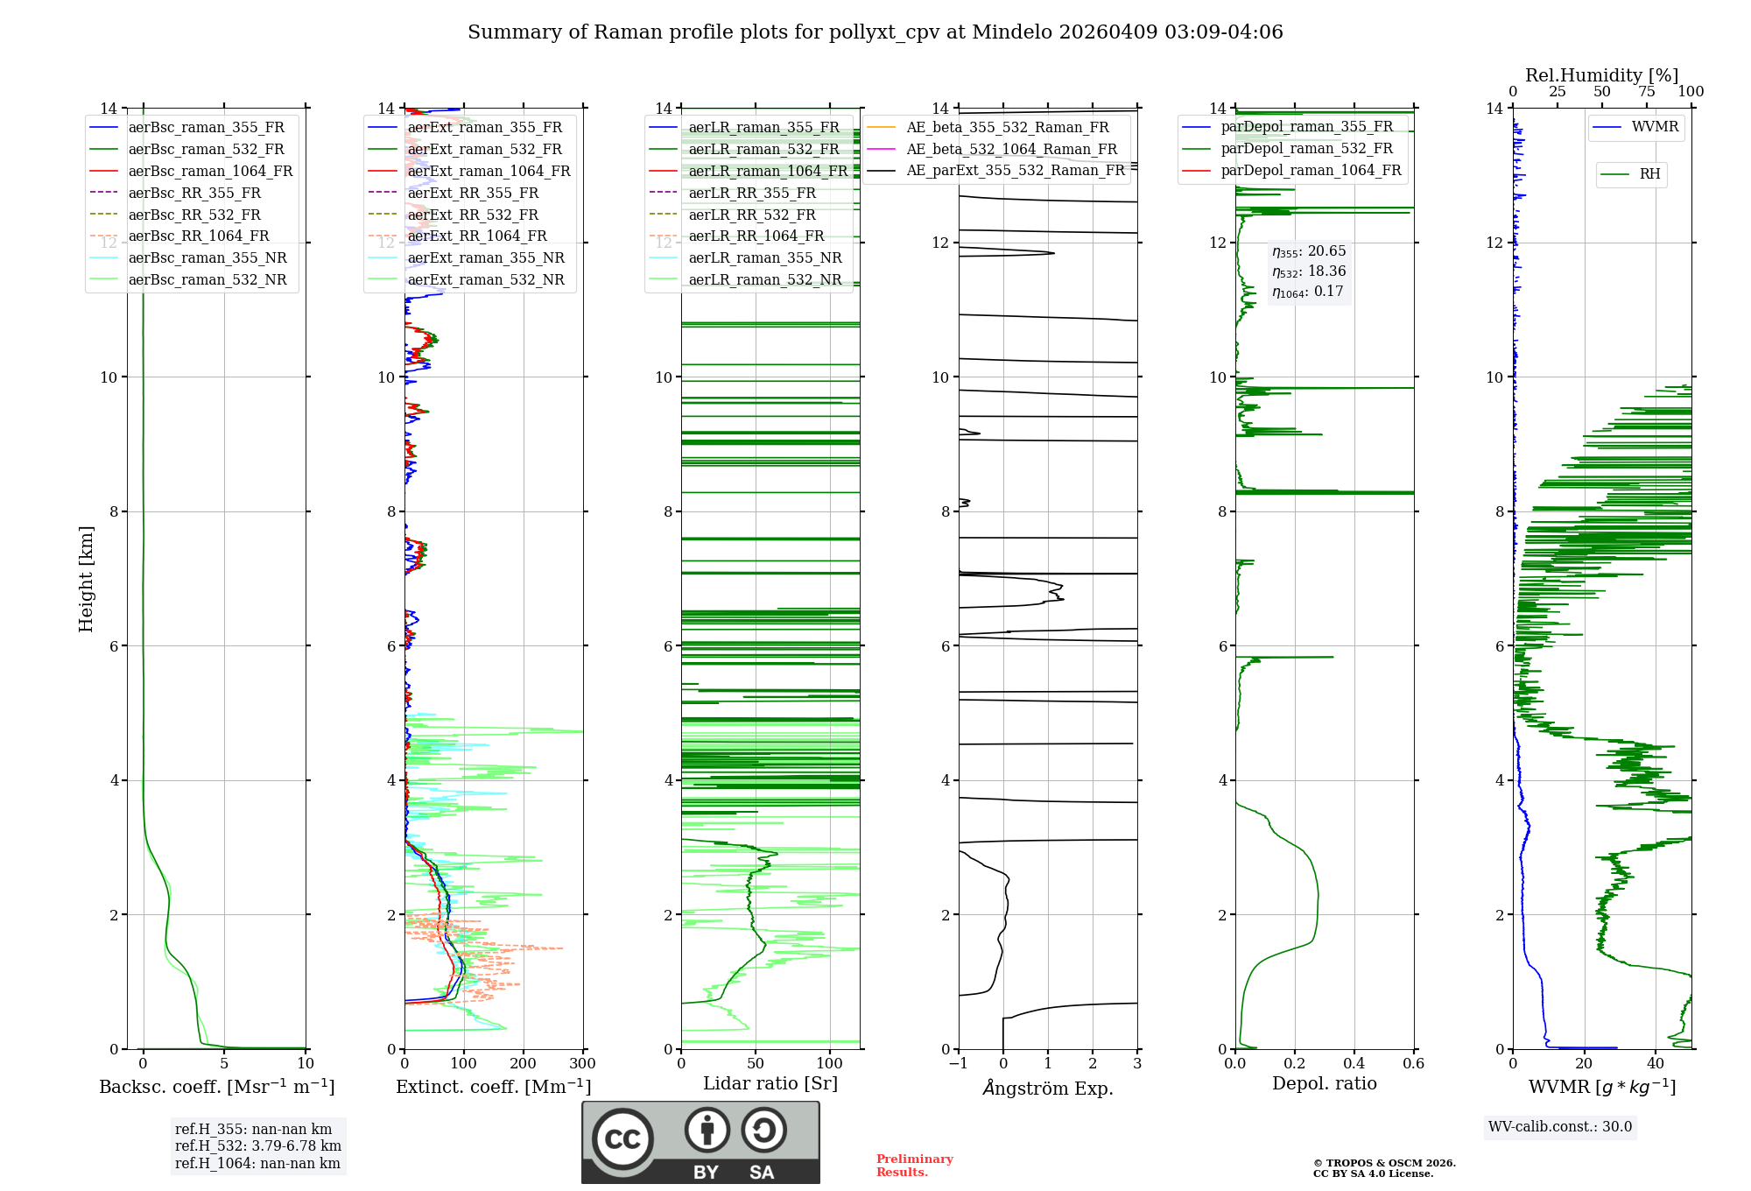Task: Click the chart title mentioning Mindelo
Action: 875,32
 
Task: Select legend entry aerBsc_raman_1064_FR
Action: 210,171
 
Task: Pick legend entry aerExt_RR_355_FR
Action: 473,193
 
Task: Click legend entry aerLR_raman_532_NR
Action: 764,279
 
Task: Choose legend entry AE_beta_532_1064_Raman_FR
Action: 1011,149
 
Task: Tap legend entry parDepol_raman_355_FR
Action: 1306,127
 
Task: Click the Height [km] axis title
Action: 86,578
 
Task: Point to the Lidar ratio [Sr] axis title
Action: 770,1083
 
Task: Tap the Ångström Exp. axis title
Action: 1048,1089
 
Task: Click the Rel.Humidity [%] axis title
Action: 1601,75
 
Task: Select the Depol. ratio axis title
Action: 1324,1083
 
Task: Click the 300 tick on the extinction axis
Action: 583,1064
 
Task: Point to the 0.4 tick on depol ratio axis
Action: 1354,1064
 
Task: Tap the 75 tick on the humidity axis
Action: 1646,92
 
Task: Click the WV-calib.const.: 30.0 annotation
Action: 1560,1126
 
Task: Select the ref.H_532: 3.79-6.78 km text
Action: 257,1145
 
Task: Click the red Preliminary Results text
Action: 914,1165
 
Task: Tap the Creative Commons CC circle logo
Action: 622,1138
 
